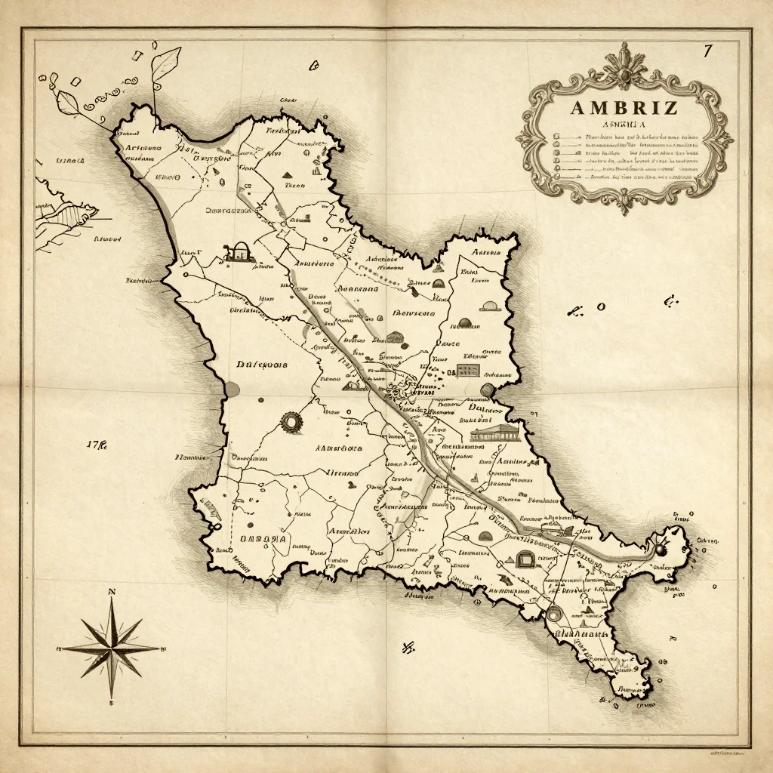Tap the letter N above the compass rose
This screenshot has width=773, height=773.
click(x=112, y=592)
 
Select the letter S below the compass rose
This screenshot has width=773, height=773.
click(x=112, y=703)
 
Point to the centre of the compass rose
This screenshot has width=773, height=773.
click(x=112, y=647)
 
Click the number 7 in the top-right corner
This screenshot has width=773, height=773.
click(x=707, y=51)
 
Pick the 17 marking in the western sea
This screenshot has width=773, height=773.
click(x=97, y=444)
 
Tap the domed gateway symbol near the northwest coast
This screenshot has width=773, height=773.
click(x=239, y=251)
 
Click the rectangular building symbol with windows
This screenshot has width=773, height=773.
click(x=468, y=370)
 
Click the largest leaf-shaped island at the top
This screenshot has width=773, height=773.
click(x=165, y=64)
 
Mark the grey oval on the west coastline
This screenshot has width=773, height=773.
click(x=231, y=390)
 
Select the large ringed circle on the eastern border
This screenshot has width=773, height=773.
click(x=486, y=390)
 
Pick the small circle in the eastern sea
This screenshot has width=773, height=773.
click(x=602, y=306)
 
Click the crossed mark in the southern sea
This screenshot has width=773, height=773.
click(x=409, y=646)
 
